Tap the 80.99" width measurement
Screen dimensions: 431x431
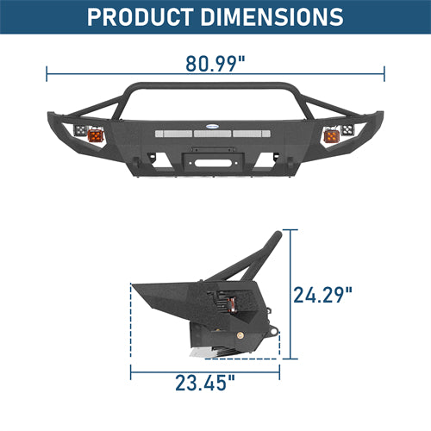coord(215,64)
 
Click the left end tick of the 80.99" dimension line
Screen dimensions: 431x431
coord(47,75)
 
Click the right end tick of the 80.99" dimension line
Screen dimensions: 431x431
coord(384,75)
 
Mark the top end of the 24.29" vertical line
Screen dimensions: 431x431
coord(290,229)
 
